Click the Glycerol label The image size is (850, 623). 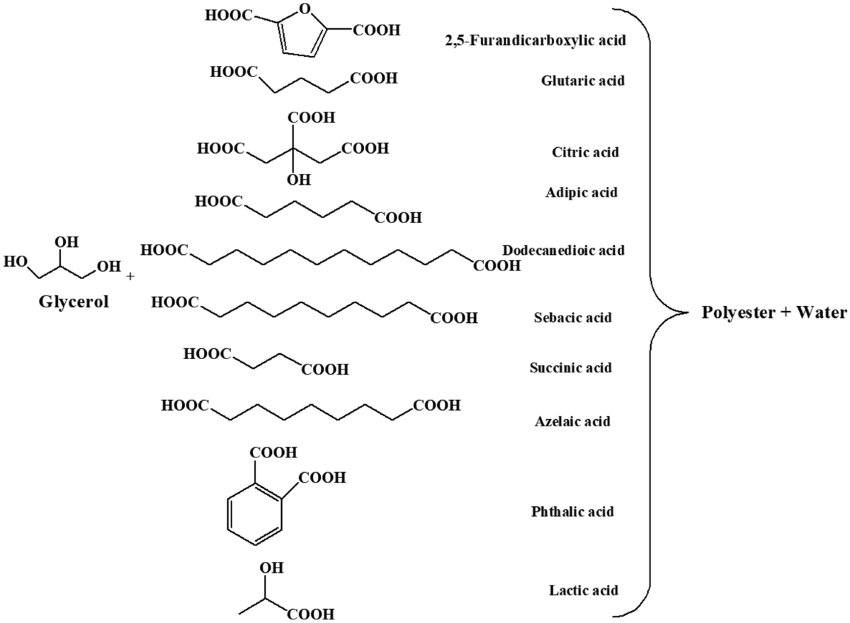(74, 302)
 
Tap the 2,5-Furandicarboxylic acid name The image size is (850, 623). (535, 40)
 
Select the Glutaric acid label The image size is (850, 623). (582, 81)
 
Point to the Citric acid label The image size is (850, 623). (585, 152)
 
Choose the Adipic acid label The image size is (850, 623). (582, 193)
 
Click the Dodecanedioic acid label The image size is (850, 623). (564, 250)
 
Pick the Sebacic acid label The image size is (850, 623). (572, 317)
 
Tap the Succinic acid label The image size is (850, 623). (571, 368)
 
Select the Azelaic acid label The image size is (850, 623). (572, 422)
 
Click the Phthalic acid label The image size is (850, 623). (572, 512)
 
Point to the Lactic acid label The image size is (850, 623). (584, 590)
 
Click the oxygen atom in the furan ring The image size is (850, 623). (305, 8)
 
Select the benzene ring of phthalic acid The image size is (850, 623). (255, 515)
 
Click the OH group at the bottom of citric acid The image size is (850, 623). (299, 180)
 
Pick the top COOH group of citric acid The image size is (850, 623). (312, 118)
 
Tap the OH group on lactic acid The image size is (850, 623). (272, 568)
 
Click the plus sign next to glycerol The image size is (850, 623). (130, 276)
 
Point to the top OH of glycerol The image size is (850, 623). (67, 242)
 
